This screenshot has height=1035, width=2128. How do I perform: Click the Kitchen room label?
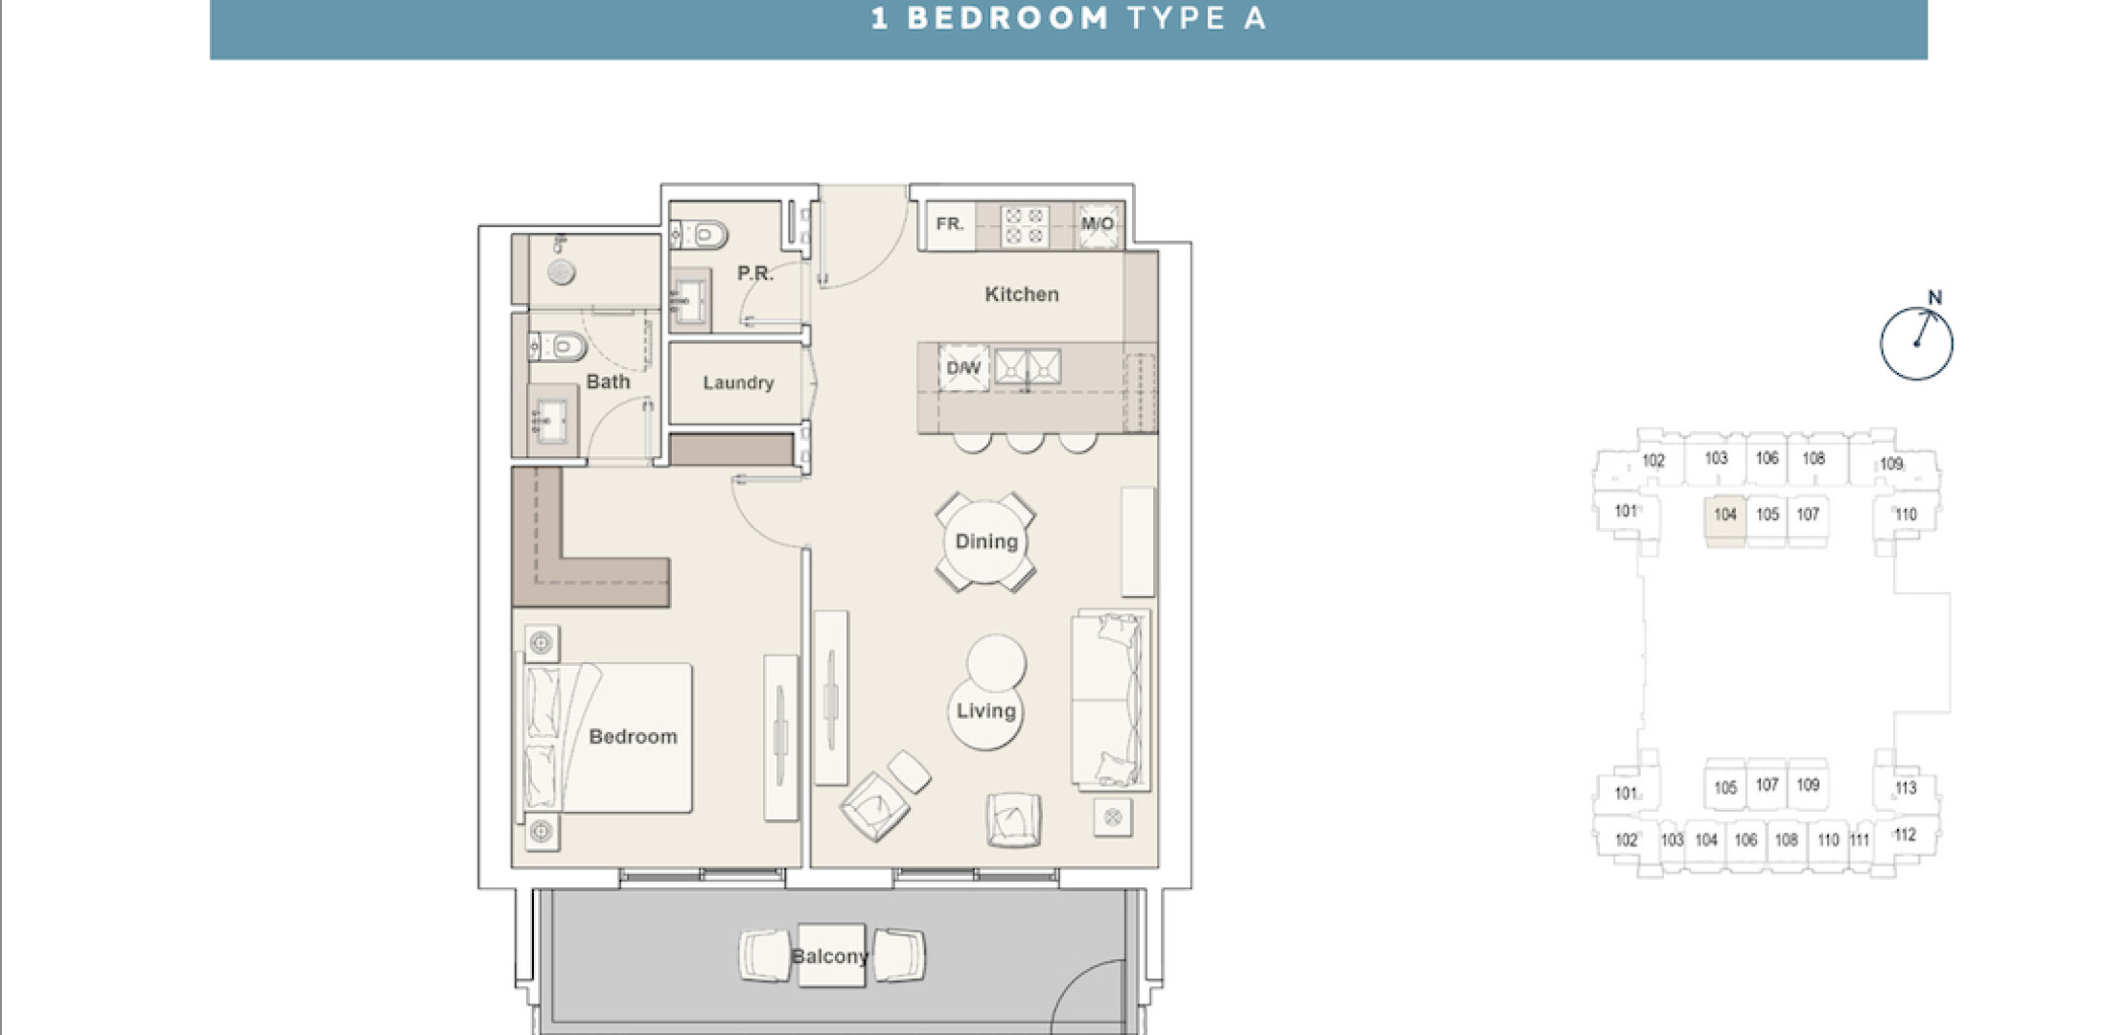(x=1022, y=294)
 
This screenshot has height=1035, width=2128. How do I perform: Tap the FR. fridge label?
(x=949, y=224)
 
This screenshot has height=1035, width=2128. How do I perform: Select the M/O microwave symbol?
(x=1098, y=225)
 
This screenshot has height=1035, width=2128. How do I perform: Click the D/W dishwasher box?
(x=963, y=368)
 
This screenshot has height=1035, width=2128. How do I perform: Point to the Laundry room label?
(x=738, y=382)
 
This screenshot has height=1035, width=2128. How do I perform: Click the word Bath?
(x=608, y=381)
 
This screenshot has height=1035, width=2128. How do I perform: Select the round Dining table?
(x=985, y=542)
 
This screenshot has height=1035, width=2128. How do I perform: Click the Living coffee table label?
(x=985, y=711)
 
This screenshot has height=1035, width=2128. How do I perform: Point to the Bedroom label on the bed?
(x=633, y=737)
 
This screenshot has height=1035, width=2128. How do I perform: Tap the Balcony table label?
(x=830, y=956)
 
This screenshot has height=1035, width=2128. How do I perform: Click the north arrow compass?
(x=1916, y=343)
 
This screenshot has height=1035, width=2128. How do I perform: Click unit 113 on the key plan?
(x=1906, y=788)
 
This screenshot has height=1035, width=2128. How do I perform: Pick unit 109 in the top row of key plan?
(x=1890, y=464)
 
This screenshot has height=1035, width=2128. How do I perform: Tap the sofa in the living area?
(x=1110, y=700)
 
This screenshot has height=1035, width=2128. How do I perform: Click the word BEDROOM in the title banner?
(x=1007, y=18)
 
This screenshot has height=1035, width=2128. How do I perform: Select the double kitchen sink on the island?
(x=1028, y=367)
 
